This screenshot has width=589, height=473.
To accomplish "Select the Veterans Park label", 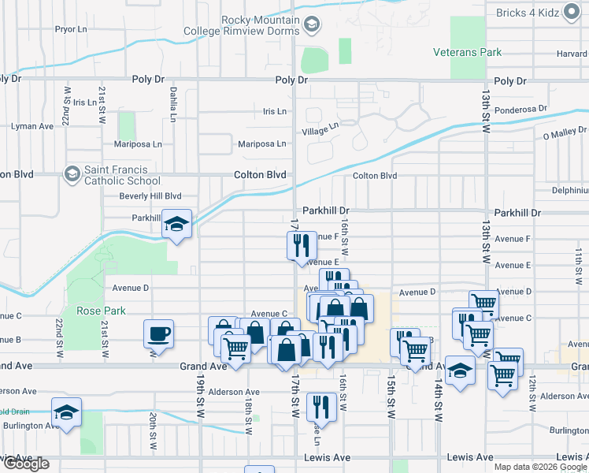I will [x=467, y=52].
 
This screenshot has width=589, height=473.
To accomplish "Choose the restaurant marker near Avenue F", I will [x=300, y=245].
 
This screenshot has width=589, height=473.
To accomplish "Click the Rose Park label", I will [x=102, y=311].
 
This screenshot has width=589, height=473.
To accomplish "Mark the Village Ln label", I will [x=322, y=126].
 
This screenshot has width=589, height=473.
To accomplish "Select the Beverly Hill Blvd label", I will [x=150, y=196].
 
